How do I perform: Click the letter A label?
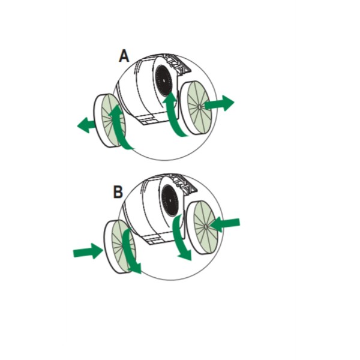124,56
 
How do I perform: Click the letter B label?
118,193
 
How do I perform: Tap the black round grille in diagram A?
163,78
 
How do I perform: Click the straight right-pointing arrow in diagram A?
219,104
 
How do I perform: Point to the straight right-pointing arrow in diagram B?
88,251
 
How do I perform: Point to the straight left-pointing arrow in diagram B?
226,224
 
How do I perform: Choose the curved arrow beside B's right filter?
181,237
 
